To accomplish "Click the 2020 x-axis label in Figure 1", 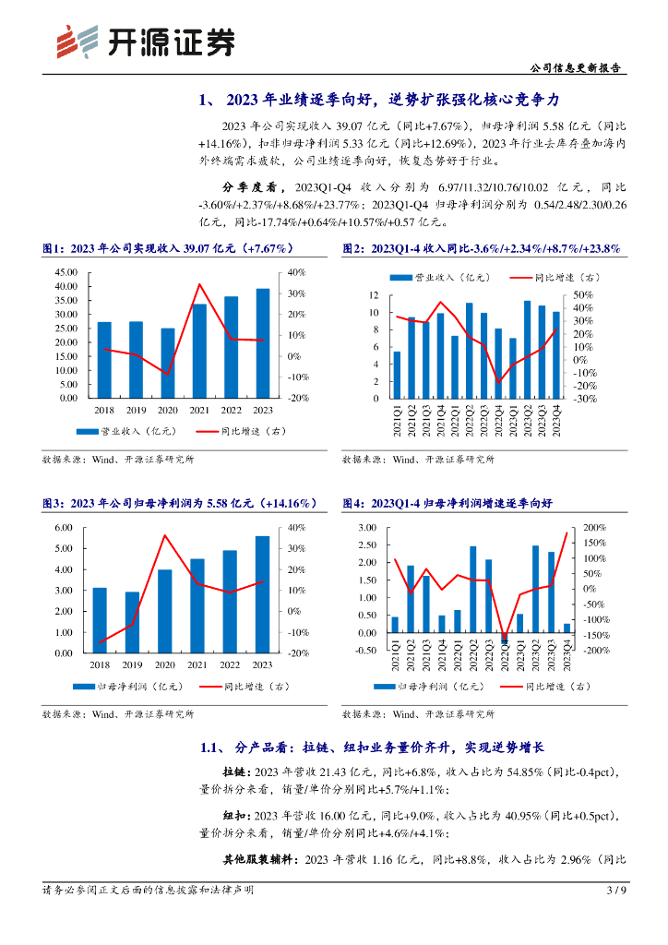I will coord(167,410).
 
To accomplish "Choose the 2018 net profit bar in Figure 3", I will coord(100,620).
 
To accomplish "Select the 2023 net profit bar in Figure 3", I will coord(263,594).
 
